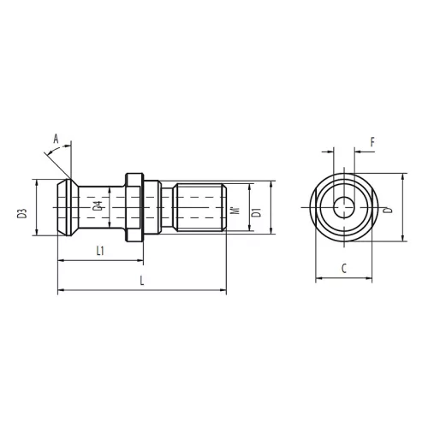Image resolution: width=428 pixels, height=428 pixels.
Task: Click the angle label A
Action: point(56,140)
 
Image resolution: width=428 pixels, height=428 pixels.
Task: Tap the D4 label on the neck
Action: point(98,206)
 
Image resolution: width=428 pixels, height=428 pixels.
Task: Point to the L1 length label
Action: point(100,251)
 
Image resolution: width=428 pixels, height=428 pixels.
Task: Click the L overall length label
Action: point(142,281)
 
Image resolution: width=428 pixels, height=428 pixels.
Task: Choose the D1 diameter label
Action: point(257,213)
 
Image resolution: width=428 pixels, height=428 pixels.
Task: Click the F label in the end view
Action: point(372,142)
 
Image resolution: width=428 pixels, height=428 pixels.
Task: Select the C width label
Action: point(344,269)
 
